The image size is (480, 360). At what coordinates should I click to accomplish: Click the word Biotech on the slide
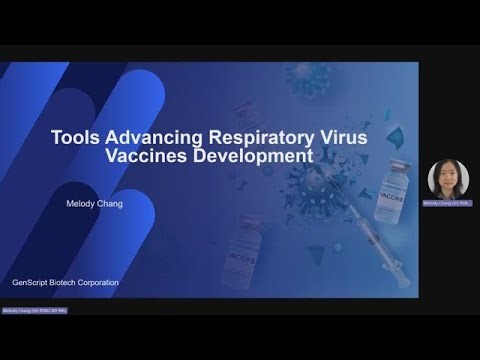[72, 282]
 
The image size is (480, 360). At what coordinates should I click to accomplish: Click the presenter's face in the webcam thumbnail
[445, 178]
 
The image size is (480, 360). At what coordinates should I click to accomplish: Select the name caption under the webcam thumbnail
[445, 202]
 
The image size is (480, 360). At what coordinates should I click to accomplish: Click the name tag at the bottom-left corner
[33, 311]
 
